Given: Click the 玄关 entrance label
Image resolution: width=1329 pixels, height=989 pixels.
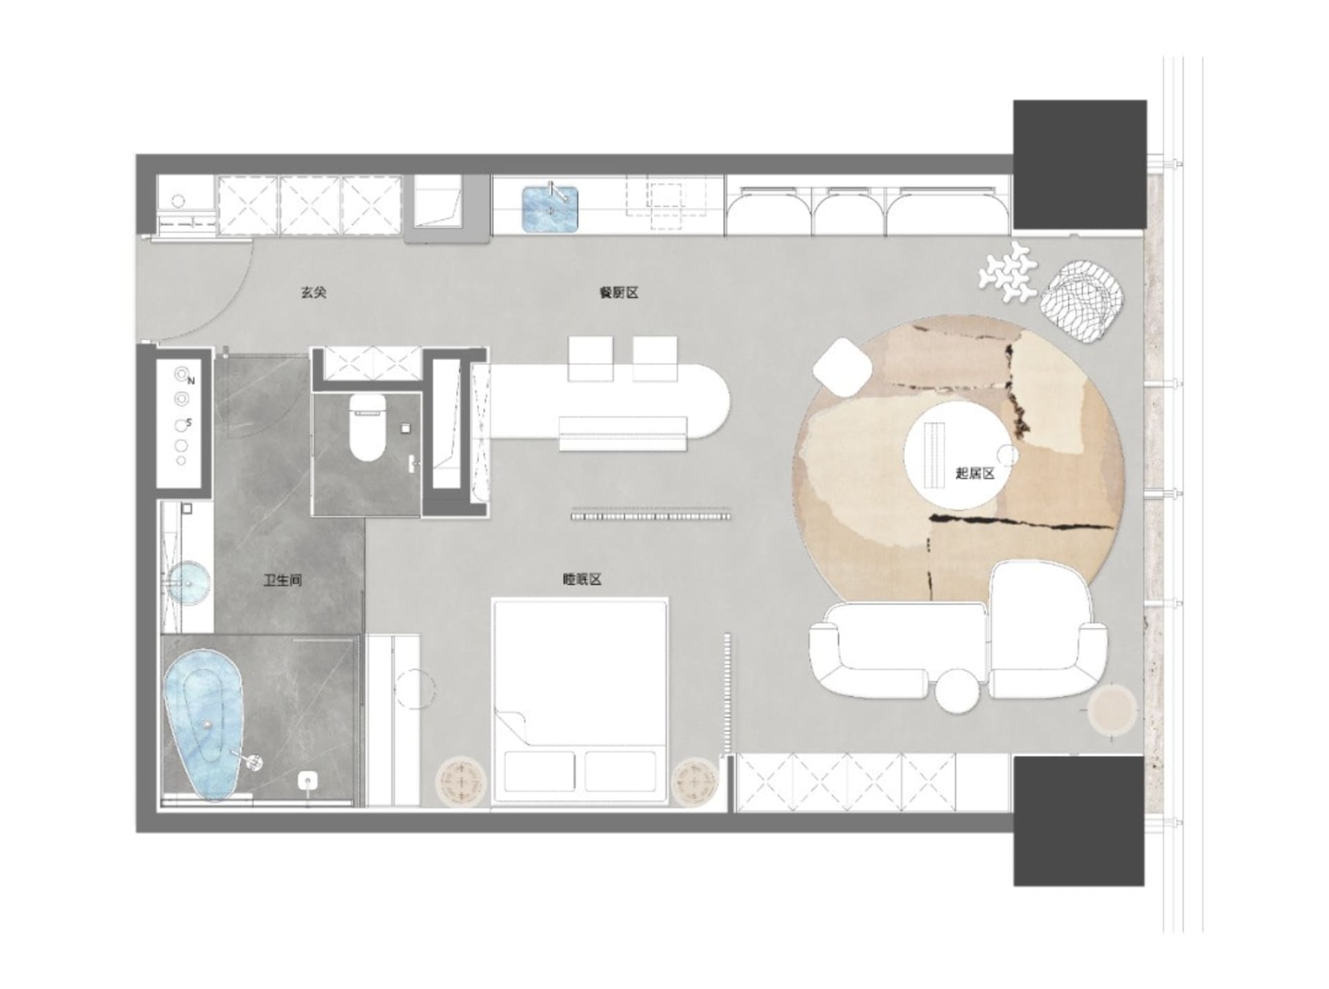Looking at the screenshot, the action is [x=313, y=292].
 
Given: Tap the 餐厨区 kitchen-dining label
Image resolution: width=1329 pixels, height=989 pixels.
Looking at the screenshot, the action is [x=618, y=292].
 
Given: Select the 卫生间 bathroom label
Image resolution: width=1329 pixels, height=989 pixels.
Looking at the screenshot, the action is [x=282, y=580].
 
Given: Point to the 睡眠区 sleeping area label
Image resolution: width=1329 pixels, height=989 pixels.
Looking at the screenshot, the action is [x=581, y=579].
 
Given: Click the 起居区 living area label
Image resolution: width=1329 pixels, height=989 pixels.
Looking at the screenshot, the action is [x=975, y=474].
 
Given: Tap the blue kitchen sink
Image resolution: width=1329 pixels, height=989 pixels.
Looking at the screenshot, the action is [x=550, y=208].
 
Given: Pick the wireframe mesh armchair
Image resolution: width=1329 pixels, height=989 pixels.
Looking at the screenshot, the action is [x=1083, y=300].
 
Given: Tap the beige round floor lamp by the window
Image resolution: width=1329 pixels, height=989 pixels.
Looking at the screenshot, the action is [x=1112, y=710].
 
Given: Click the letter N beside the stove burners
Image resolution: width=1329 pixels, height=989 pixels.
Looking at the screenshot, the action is [x=192, y=381].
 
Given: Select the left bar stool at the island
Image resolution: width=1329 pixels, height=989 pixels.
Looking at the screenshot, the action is [x=590, y=358].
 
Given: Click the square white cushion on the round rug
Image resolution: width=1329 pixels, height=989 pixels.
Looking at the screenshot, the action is [x=842, y=368].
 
